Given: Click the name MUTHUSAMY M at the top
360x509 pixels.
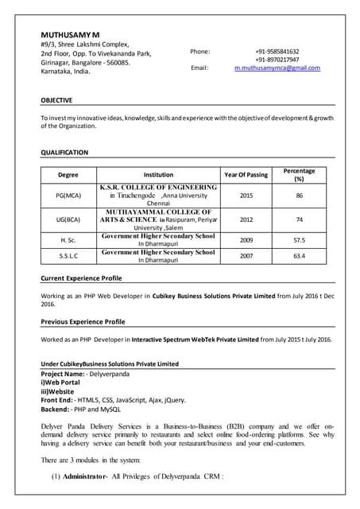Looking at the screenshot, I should tap(71, 35).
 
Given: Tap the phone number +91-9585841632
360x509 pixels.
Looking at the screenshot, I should tap(277, 51).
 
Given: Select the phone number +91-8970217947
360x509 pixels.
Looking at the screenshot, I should tap(277, 60).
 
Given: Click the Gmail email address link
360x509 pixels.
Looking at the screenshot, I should tap(277, 68).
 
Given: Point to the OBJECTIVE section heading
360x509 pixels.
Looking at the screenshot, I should tap(56, 100).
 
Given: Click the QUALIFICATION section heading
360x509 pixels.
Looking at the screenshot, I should tap(64, 152).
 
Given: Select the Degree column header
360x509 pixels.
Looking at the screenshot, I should tap(68, 174).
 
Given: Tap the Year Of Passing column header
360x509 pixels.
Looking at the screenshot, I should tap(246, 174).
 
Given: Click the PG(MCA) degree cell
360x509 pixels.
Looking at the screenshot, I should tap(68, 195).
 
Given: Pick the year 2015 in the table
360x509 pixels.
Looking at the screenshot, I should tap(246, 195).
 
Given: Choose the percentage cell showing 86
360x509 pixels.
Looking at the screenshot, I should tap(300, 195).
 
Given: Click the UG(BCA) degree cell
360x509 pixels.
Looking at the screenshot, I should tap(68, 220).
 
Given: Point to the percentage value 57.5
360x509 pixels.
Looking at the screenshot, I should tap(300, 239).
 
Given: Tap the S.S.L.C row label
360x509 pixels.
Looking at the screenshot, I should tap(68, 256).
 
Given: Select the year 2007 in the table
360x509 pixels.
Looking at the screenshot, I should tap(246, 256).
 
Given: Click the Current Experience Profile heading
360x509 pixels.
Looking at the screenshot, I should tap(81, 278).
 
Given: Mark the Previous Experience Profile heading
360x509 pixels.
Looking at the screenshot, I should tap(83, 321).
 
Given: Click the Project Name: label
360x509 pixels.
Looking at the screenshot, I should tap(63, 373).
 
